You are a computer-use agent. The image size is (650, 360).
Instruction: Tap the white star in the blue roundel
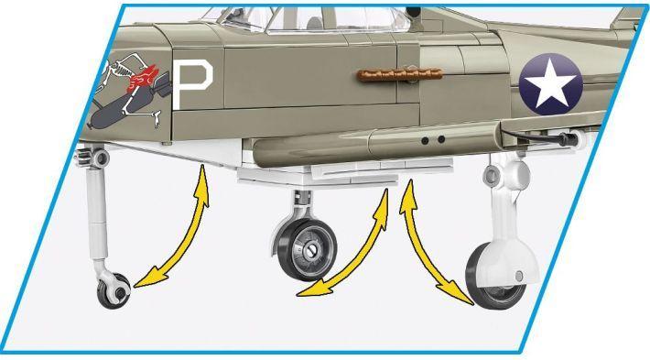(x=550, y=82)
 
